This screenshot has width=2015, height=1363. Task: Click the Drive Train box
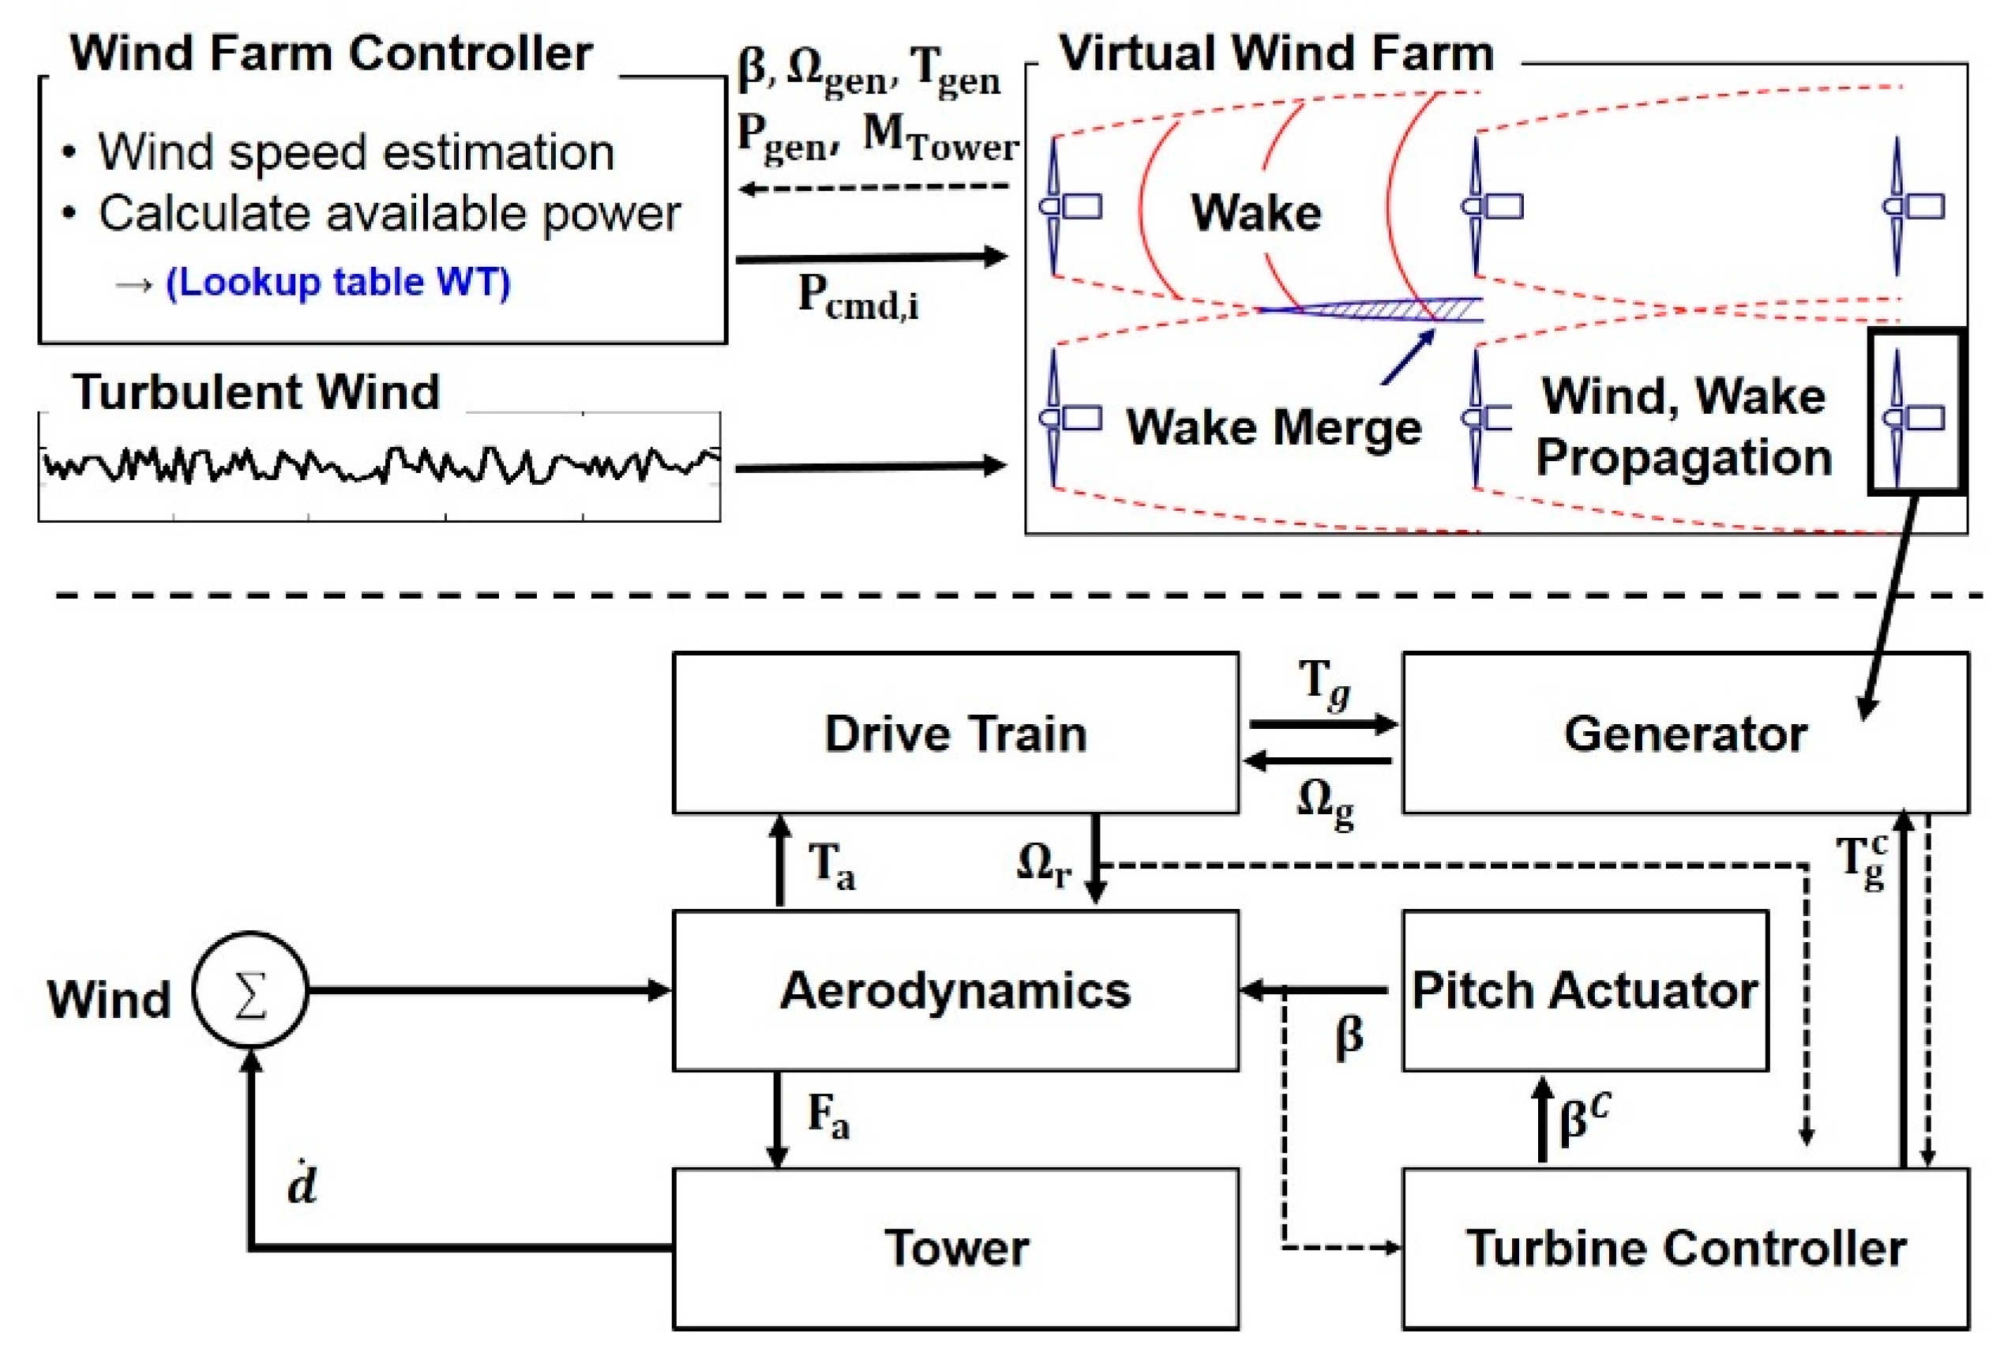pyautogui.click(x=955, y=734)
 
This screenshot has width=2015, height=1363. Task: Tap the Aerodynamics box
pyautogui.click(x=955, y=990)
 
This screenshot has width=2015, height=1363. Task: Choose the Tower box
pyautogui.click(x=955, y=1248)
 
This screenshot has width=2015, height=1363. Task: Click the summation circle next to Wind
pyautogui.click(x=250, y=990)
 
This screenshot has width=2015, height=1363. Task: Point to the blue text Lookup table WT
pyautogui.click(x=337, y=283)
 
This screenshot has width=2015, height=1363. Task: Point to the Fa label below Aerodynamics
pyautogui.click(x=827, y=1116)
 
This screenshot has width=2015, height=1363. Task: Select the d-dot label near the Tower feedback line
pyautogui.click(x=302, y=1185)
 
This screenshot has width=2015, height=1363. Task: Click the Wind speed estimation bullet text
pyautogui.click(x=355, y=152)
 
